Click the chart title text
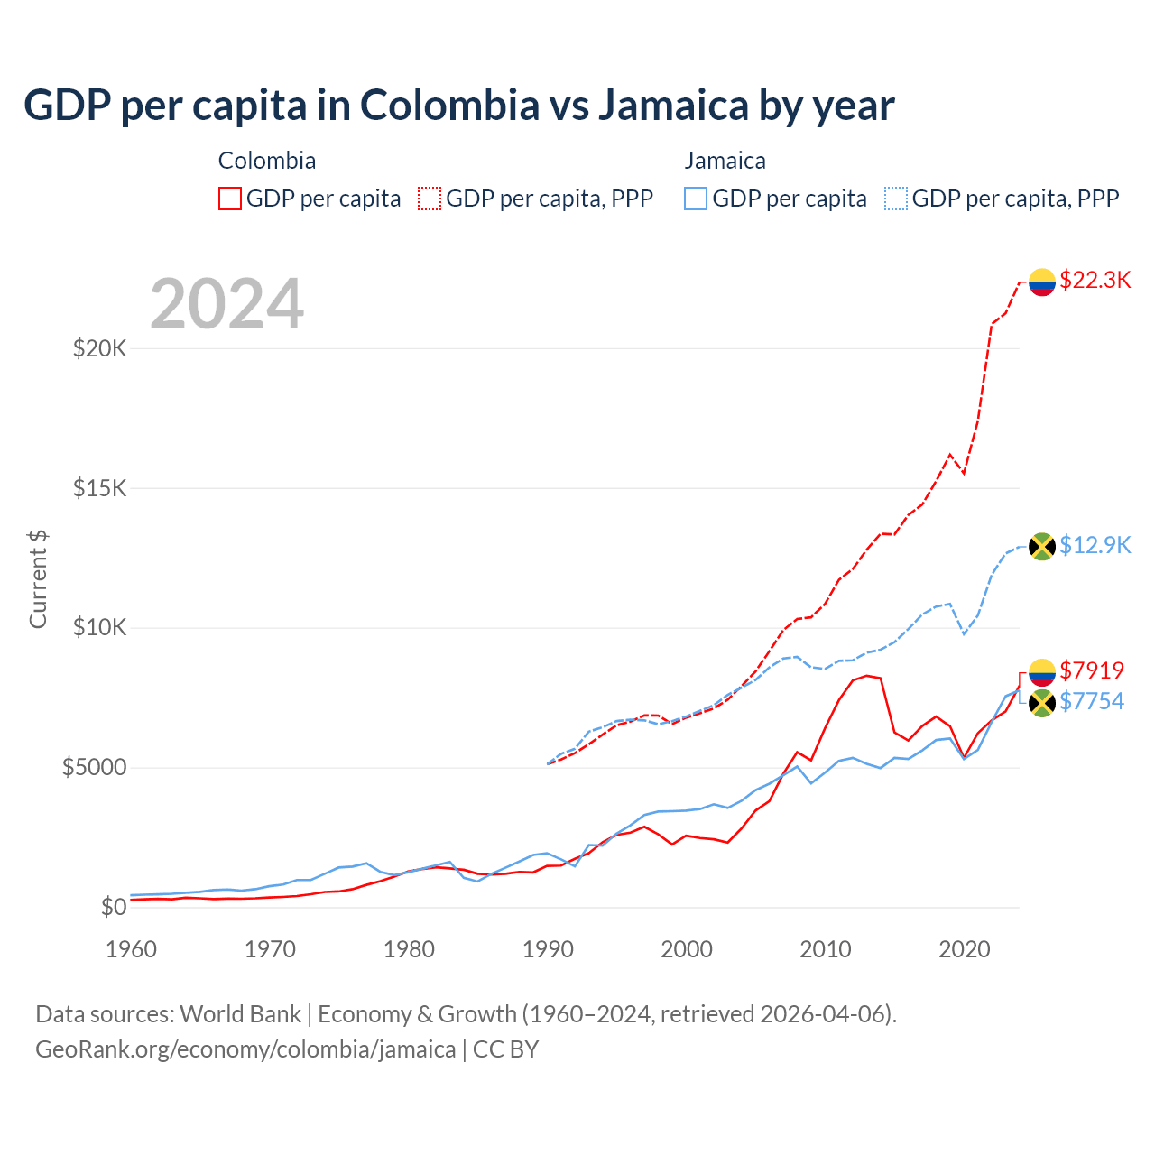coord(458,106)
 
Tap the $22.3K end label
coord(1095,280)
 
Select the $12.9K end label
coord(1095,545)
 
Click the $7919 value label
coord(1092,670)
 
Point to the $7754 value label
coord(1092,701)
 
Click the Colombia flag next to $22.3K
coord(1042,282)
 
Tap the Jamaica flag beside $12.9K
coord(1042,546)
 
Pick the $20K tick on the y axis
coord(99,348)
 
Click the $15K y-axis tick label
coord(99,488)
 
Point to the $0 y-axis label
coord(113,907)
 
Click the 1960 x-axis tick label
coord(132,949)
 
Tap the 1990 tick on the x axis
coord(549,949)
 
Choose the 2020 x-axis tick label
coord(965,949)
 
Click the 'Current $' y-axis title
coord(38,578)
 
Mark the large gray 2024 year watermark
coord(226,304)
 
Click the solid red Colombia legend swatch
coord(230,199)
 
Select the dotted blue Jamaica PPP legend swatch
coord(896,199)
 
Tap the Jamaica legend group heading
coord(725,161)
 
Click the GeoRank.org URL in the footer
coord(245,1049)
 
